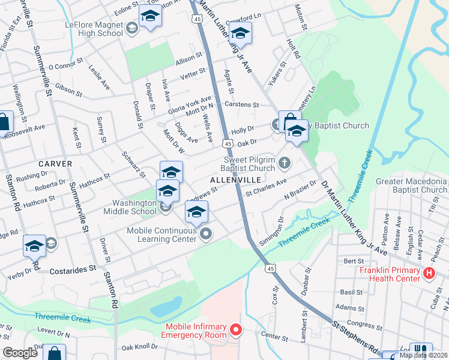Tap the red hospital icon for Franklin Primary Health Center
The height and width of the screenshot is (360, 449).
(x=429, y=274)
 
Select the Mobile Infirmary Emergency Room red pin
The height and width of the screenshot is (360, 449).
(x=236, y=330)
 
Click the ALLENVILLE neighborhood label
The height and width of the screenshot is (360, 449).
(x=235, y=180)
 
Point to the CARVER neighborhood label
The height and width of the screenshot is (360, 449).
(x=55, y=164)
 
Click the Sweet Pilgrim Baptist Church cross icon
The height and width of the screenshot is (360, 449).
(x=284, y=161)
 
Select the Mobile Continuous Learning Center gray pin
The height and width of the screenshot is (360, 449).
(x=206, y=234)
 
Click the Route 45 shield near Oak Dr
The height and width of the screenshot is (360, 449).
(x=227, y=143)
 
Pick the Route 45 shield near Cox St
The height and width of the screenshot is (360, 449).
(x=270, y=268)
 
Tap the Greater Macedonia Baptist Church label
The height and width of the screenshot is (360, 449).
(x=411, y=185)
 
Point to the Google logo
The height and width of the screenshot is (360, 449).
(x=20, y=353)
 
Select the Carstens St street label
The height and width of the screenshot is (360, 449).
(x=241, y=104)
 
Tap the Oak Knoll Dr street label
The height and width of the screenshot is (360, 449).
(x=139, y=346)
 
